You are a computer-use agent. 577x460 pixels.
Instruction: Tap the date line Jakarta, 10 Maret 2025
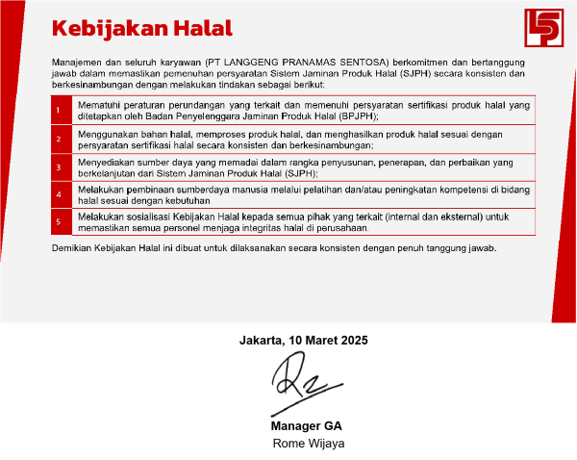pos(303,340)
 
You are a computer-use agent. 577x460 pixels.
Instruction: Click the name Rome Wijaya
pos(309,443)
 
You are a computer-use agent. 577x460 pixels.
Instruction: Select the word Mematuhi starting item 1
pos(100,104)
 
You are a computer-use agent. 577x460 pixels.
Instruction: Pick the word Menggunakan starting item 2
pos(107,133)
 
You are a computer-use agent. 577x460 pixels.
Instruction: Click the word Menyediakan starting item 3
pos(105,161)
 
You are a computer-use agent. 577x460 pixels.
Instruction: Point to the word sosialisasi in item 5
pos(143,217)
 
